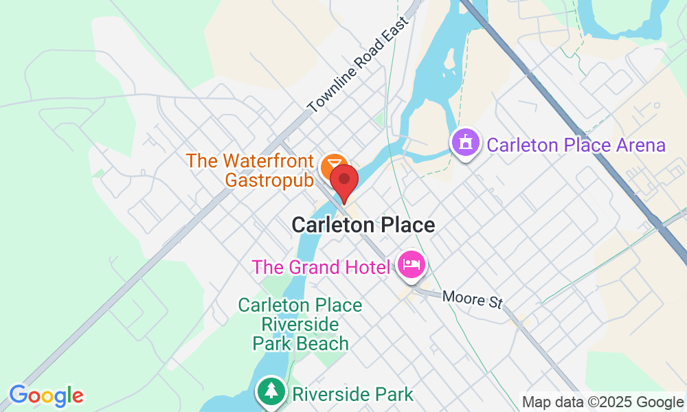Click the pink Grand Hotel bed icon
coord(411,264)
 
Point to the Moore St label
coord(473,299)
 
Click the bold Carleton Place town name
coord(363,225)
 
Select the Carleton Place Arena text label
coord(576,146)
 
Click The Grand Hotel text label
coord(322,266)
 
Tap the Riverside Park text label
coord(353,394)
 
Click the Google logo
coord(46,396)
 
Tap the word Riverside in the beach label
coord(300,323)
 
